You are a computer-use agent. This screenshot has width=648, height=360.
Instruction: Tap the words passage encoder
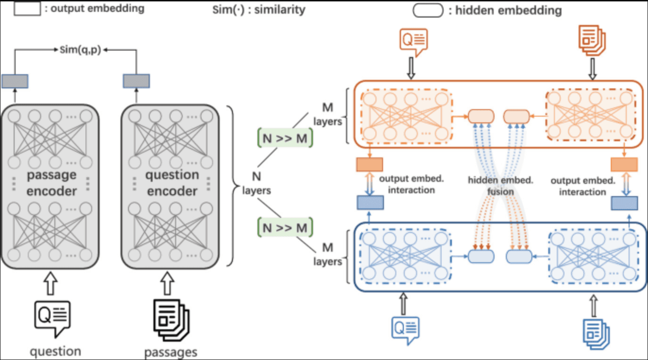click(51, 183)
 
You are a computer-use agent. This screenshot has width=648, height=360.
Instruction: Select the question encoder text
click(171, 183)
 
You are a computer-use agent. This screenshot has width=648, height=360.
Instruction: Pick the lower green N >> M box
click(285, 228)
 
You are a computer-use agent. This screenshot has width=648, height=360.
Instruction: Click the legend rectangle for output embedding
click(27, 9)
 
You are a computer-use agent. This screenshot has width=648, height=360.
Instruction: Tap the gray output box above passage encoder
click(15, 81)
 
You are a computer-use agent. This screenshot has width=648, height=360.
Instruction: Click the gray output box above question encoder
click(136, 81)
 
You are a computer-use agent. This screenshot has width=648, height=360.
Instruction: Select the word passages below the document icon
click(171, 352)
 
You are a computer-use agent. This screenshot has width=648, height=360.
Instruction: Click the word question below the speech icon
click(55, 351)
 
